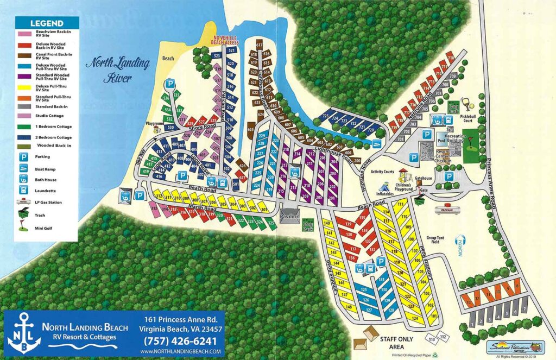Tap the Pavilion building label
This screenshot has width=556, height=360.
(289, 216)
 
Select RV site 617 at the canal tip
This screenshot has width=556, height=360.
(259, 45)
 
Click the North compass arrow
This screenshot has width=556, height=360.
(462, 240)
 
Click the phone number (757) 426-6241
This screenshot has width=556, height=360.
(179, 342)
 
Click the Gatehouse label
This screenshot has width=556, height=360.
(423, 178)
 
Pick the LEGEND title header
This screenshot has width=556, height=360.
(47, 23)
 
